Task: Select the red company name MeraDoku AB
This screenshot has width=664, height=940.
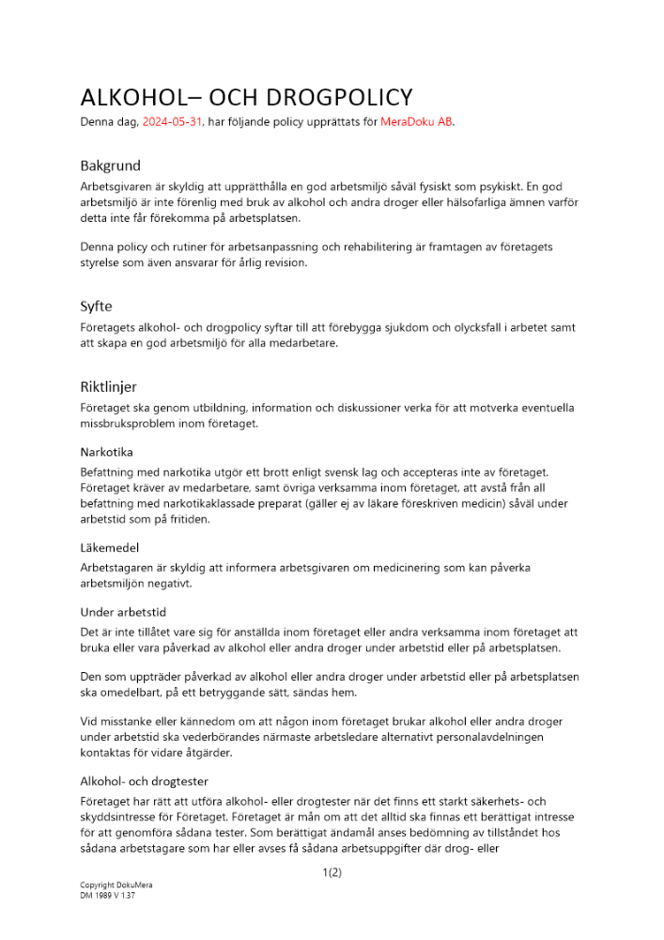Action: click(x=416, y=122)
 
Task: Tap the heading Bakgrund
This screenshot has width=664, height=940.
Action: click(x=110, y=165)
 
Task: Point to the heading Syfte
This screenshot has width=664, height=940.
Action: click(x=96, y=306)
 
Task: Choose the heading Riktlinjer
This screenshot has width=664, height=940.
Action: click(x=108, y=386)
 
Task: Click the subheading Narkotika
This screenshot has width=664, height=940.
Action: click(x=106, y=452)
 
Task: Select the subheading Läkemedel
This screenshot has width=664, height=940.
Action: click(x=109, y=547)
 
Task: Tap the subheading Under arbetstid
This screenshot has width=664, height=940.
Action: click(x=123, y=612)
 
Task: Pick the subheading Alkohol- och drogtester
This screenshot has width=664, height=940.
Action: click(x=144, y=781)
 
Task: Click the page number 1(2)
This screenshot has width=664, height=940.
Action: click(x=332, y=872)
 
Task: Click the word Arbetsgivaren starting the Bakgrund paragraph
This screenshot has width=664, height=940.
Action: click(x=119, y=187)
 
